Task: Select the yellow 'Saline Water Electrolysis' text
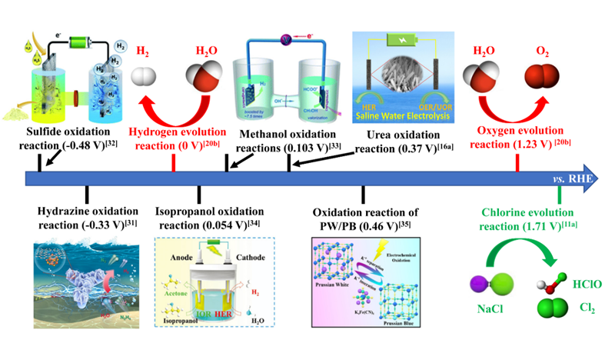pyautogui.click(x=404, y=113)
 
